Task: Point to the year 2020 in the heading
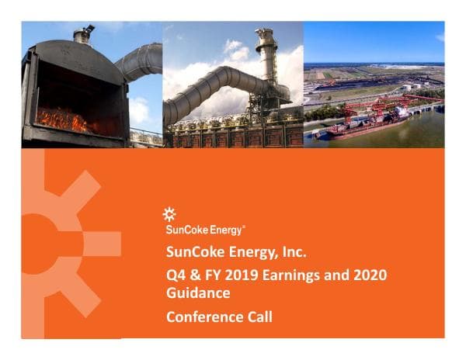pyautogui.click(x=370, y=275)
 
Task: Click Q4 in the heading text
pyautogui.click(x=176, y=275)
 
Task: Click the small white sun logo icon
pyautogui.click(x=171, y=215)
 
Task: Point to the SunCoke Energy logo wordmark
pyautogui.click(x=205, y=230)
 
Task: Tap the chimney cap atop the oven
pyautogui.click(x=82, y=33)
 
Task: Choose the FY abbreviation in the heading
pyautogui.click(x=213, y=275)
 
